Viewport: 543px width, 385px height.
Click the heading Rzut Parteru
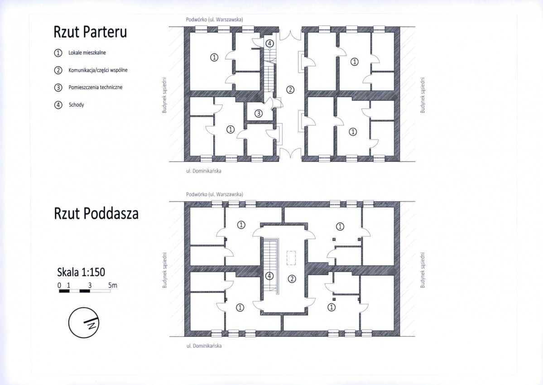90,32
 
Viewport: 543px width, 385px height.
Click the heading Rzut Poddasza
96,213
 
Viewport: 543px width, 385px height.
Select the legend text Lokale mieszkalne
87,53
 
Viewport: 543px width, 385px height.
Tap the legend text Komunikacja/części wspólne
98,70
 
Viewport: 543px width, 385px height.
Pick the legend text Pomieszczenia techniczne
95,87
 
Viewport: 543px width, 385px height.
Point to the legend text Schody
76,105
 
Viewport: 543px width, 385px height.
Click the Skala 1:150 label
81,272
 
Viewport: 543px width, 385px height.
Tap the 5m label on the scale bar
113,285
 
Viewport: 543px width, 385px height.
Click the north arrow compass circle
84,322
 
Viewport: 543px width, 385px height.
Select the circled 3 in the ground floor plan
258,113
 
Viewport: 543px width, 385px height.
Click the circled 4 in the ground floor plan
270,43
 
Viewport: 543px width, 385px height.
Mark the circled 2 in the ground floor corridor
290,90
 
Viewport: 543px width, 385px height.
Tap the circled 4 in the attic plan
269,276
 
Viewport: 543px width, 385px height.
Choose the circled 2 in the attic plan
292,279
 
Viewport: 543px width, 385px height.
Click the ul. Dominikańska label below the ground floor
204,171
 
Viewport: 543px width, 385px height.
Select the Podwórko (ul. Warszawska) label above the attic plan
214,194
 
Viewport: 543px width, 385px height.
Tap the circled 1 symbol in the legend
58,53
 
